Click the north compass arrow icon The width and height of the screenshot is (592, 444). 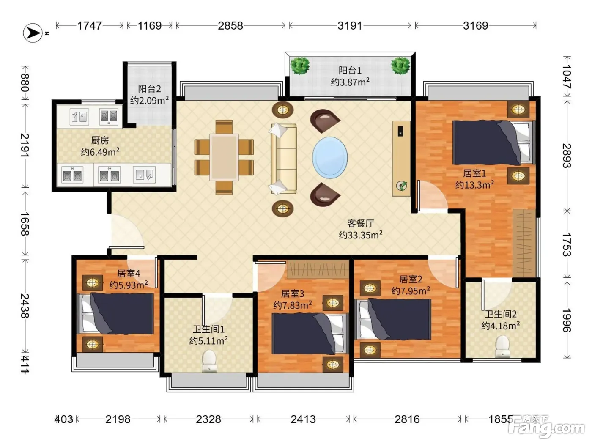[33, 33]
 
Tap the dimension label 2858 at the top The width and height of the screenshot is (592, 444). [230, 26]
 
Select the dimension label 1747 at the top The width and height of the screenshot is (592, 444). [90, 26]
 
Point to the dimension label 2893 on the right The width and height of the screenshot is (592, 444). [567, 156]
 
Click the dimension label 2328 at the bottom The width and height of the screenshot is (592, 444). [208, 419]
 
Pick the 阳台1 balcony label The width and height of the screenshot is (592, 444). [350, 71]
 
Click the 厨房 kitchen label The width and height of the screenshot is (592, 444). [100, 140]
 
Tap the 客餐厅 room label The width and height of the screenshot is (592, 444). [360, 223]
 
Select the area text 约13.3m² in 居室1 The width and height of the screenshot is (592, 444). [474, 185]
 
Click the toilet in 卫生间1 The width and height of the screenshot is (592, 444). [209, 361]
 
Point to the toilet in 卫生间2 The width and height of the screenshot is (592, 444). [502, 346]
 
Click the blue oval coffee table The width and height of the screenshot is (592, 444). [330, 157]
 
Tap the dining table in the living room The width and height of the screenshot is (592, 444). [224, 157]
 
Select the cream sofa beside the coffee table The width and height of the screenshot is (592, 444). [283, 159]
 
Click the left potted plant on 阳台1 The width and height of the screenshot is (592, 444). [300, 66]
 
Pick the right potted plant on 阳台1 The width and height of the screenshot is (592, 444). [400, 66]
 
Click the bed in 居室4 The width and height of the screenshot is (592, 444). [115, 313]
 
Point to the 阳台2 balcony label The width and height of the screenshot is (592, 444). [149, 89]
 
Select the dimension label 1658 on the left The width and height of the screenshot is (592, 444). [25, 224]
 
